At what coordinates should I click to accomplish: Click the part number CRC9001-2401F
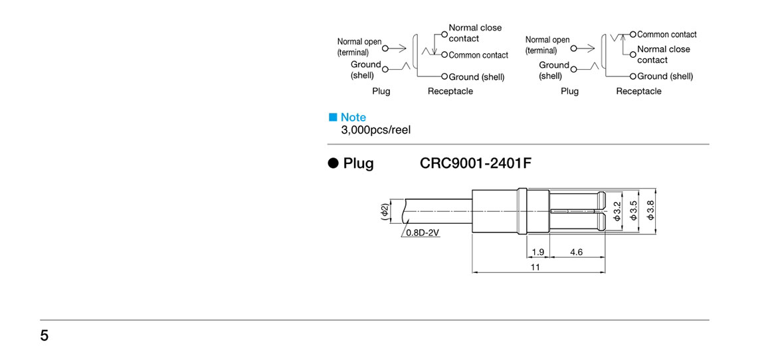(x=475, y=163)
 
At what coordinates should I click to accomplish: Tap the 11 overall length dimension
(x=535, y=267)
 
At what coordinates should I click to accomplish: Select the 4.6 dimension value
(x=576, y=252)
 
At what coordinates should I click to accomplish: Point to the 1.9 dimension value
(x=538, y=252)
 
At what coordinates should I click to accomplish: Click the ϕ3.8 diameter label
(x=650, y=212)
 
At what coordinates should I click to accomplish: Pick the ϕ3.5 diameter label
(x=633, y=212)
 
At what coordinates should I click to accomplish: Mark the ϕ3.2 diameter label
(x=617, y=212)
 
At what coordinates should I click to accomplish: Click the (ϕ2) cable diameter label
(x=384, y=211)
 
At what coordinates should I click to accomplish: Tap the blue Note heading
(x=353, y=118)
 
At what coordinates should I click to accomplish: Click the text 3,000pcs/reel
(x=375, y=130)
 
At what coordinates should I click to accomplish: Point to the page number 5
(x=45, y=335)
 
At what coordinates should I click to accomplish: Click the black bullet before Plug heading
(x=334, y=163)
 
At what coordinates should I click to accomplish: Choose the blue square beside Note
(x=334, y=118)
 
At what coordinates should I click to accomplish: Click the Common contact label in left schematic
(x=478, y=55)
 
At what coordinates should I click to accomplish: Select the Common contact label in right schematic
(x=667, y=35)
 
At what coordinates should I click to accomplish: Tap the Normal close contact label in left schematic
(x=475, y=33)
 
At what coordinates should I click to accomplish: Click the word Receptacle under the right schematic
(x=638, y=92)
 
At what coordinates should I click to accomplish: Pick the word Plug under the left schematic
(x=381, y=92)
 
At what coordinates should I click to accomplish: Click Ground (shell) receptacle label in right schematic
(x=665, y=76)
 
